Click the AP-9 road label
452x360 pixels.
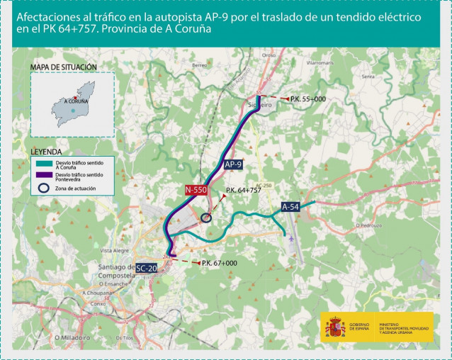point(234,164)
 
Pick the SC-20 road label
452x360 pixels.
point(147,268)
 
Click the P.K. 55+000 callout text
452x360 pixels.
point(307,99)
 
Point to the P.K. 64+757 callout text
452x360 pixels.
point(242,191)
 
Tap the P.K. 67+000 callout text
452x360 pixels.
point(219,263)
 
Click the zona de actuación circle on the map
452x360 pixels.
point(206,218)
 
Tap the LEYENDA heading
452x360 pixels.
point(45,152)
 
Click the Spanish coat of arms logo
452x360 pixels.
point(335,327)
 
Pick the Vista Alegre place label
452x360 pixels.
point(115,250)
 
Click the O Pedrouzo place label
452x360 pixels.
point(367,225)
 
